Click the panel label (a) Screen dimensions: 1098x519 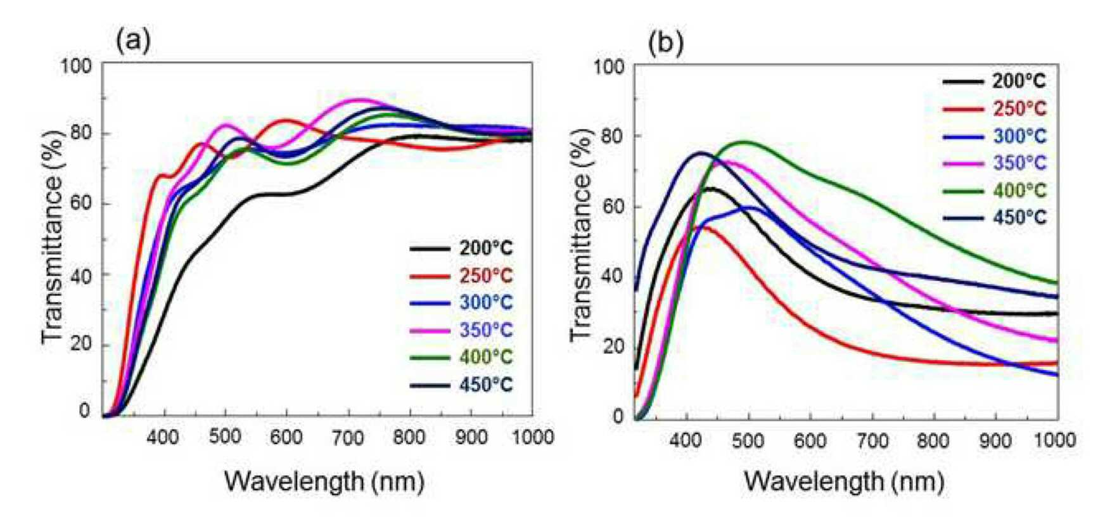133,41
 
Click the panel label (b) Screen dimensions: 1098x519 666,43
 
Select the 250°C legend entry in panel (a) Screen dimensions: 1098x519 461,276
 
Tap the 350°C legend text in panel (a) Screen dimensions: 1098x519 486,330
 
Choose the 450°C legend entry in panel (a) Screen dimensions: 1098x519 461,385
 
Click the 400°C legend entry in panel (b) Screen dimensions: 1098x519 995,190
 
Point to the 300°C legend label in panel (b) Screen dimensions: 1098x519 1019,136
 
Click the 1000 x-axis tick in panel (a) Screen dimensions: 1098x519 532,437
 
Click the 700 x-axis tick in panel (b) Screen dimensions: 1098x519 872,440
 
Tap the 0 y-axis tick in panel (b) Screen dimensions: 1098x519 618,417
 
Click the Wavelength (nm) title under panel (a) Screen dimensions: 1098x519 324,482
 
